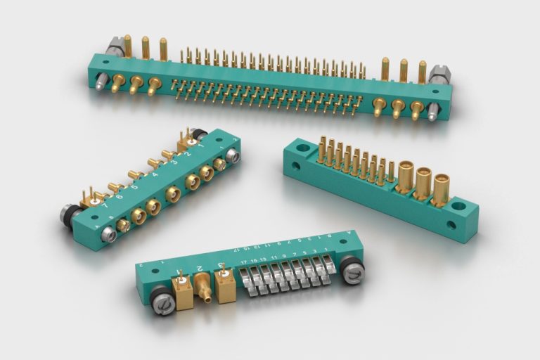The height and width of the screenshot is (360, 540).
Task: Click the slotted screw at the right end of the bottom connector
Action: [353, 274]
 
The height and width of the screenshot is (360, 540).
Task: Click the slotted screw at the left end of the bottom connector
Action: [162, 304]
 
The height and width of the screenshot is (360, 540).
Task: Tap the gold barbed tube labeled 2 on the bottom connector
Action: [204, 286]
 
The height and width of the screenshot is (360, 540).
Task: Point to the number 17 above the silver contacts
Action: [243, 262]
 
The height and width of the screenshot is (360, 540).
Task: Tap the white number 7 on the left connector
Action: [106, 207]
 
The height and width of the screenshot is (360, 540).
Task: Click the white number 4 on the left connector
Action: [155, 174]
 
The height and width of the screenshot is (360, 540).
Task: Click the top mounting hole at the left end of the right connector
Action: [303, 149]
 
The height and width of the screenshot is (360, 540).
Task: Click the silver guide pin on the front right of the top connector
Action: [434, 111]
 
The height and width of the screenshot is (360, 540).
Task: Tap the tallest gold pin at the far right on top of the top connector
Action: [422, 71]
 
